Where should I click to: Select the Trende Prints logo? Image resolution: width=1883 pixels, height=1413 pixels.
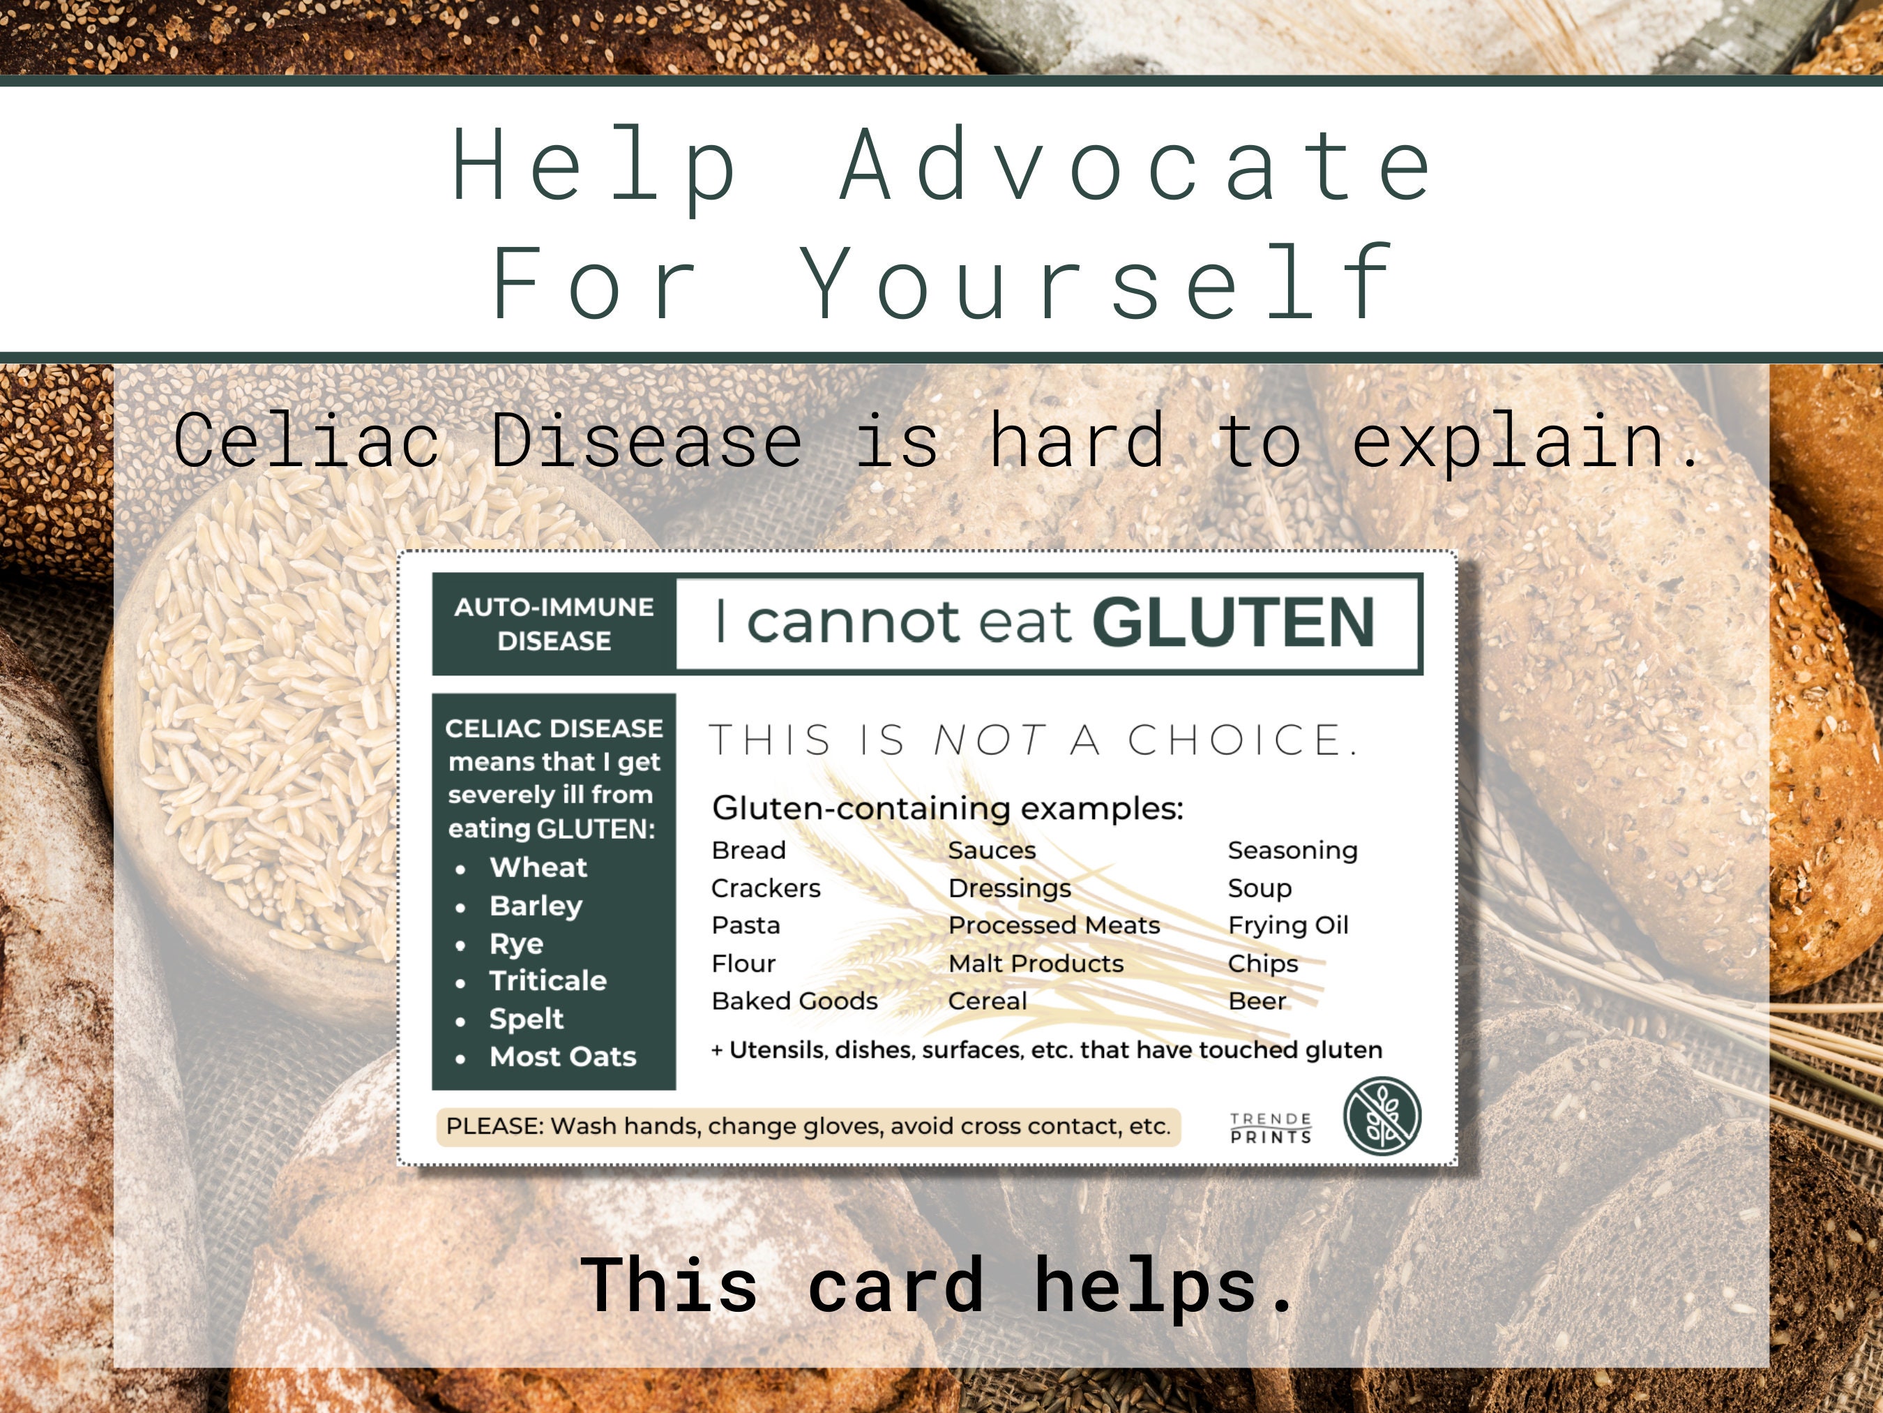point(1271,1128)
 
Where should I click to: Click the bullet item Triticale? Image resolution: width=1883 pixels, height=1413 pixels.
point(547,980)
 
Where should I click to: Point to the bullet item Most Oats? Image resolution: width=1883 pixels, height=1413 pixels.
point(563,1056)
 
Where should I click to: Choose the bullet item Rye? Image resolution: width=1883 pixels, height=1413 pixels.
point(516,943)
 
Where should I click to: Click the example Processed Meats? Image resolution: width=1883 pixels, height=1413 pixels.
point(1054,925)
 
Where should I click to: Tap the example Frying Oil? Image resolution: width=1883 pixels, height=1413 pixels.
point(1288,925)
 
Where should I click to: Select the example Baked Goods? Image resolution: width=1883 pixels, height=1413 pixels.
point(794,1001)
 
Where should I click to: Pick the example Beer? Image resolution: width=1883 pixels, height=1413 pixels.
point(1257,1001)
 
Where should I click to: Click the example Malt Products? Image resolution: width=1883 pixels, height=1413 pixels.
point(1036,964)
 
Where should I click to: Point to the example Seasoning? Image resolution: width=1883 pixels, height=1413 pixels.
point(1292,850)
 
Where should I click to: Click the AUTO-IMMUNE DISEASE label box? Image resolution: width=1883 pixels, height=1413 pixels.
point(554,625)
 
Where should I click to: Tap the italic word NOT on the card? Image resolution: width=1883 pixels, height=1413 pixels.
point(989,740)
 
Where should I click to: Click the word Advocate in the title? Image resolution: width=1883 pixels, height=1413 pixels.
point(1137,165)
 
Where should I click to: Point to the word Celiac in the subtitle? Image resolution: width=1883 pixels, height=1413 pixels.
point(306,440)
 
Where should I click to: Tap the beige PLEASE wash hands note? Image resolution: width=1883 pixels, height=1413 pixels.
point(808,1126)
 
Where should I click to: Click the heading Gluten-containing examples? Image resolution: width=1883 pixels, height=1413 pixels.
point(948,807)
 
